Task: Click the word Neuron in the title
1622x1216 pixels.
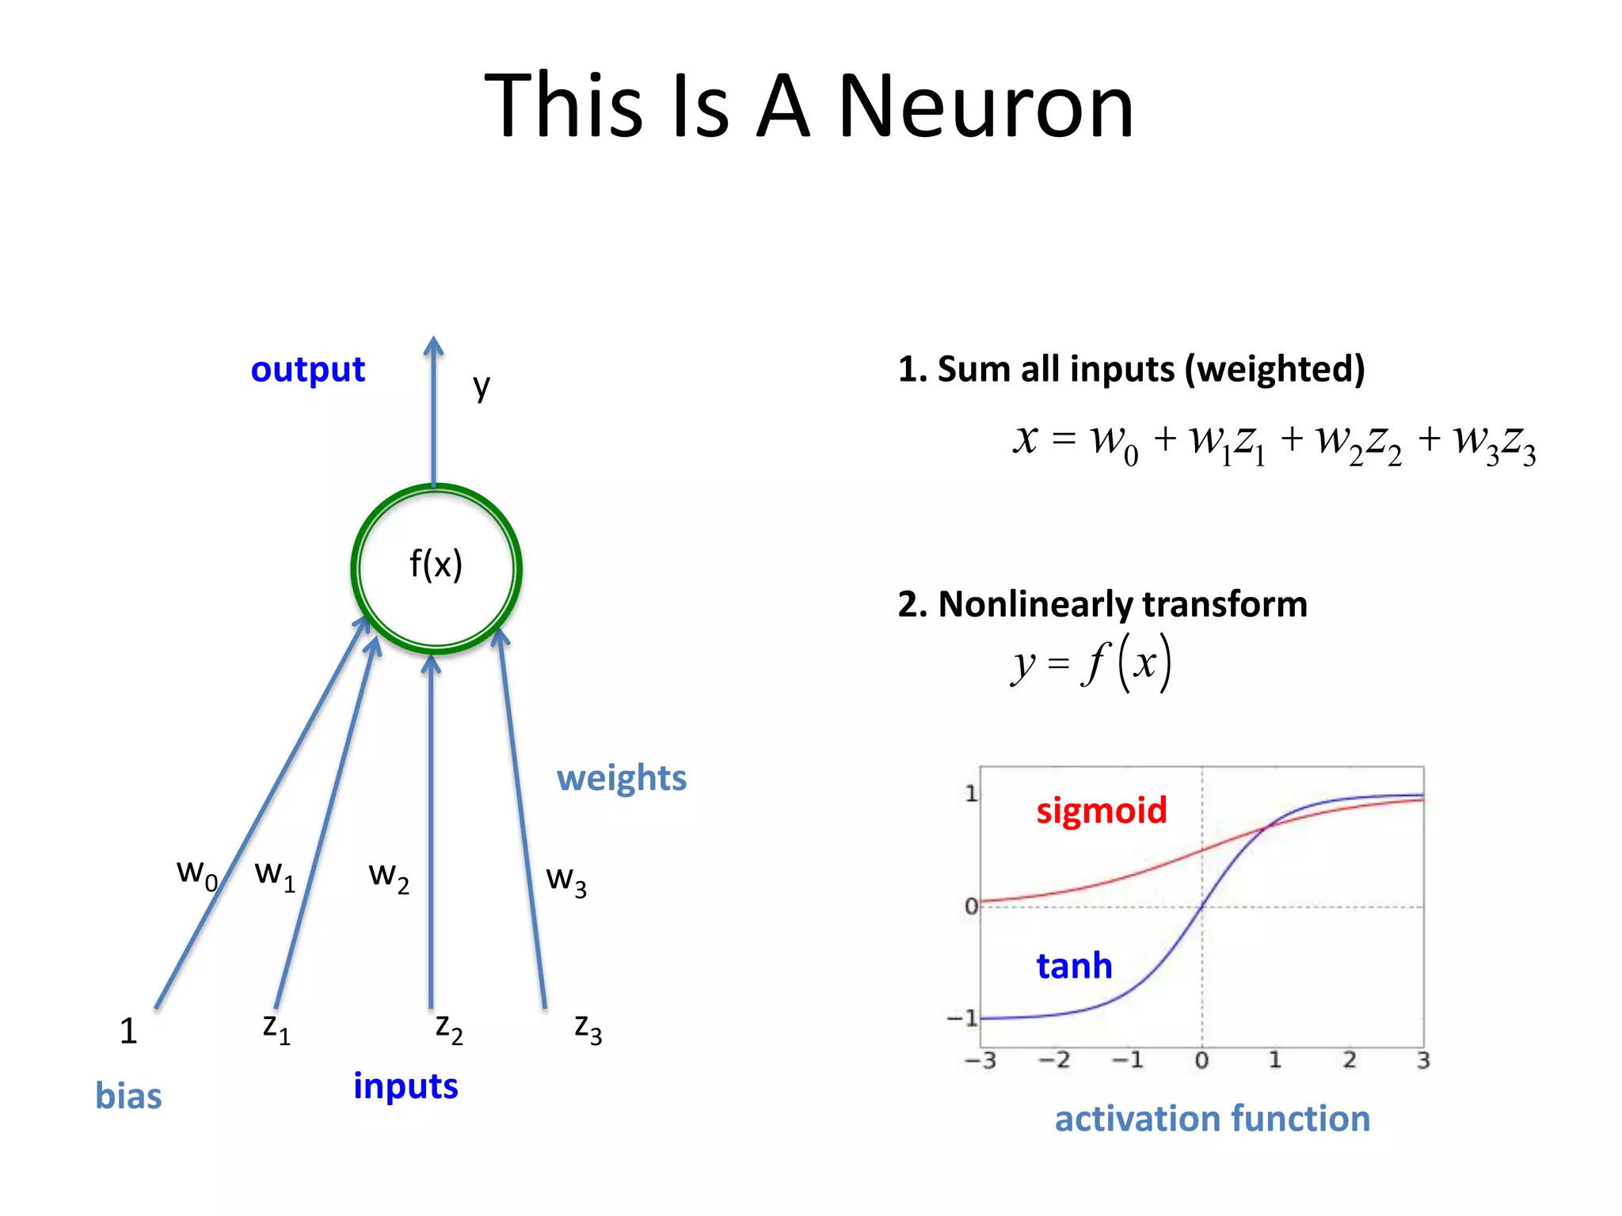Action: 986,107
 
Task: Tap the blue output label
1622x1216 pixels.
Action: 307,370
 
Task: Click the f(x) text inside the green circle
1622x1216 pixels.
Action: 436,565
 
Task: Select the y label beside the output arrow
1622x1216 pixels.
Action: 482,387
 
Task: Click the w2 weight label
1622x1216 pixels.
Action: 389,877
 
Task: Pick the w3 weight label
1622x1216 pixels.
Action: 566,880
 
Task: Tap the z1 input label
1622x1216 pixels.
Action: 276,1028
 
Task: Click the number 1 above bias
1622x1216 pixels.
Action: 128,1031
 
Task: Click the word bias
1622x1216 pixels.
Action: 128,1096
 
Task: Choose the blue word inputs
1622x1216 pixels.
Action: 405,1086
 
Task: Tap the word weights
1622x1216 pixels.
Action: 621,778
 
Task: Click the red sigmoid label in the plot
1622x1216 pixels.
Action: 1101,811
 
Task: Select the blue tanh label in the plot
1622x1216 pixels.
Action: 1074,966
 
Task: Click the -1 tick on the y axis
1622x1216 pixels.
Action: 963,1018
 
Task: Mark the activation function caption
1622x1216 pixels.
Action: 1212,1119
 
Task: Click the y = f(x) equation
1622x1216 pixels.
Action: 1091,663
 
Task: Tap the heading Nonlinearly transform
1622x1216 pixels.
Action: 1102,604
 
